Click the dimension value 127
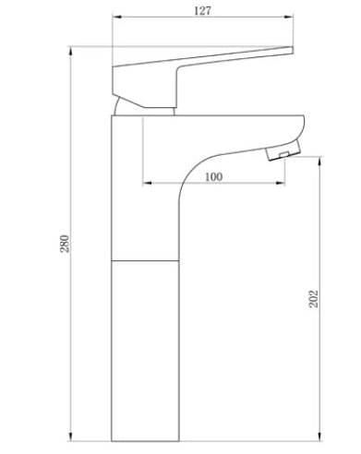click(204, 10)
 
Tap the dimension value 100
click(214, 176)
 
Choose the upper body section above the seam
click(143, 185)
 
